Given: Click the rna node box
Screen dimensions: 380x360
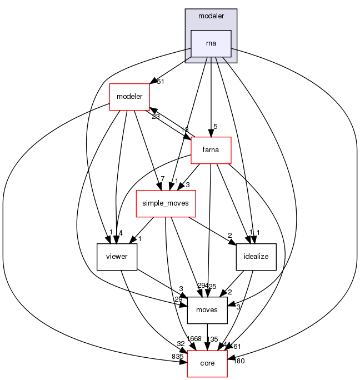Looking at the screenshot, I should point(211,43).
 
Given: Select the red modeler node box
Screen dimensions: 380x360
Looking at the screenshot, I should point(129,97).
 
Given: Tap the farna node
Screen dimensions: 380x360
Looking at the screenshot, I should point(211,149).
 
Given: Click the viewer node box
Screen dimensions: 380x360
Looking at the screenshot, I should point(117,256).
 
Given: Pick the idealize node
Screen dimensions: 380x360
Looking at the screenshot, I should point(256,256).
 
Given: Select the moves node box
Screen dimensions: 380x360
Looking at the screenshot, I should point(207,309).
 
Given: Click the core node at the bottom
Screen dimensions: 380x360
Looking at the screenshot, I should point(207,362).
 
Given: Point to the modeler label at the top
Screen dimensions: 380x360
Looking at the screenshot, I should point(211,17).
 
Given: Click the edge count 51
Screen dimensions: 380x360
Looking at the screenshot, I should point(161,82).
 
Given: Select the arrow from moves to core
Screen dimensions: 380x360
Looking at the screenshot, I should point(207,336).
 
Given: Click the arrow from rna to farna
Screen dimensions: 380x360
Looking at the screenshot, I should point(211,100).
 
